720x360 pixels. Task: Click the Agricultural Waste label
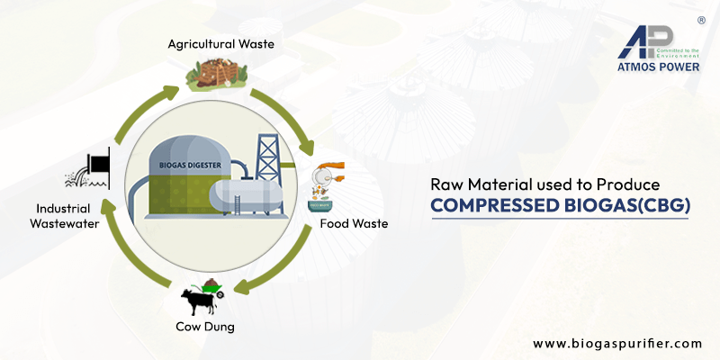[221, 42]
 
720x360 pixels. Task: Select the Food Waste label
[355, 223]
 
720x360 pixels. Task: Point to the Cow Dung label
[206, 327]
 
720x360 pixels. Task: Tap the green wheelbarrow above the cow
[213, 286]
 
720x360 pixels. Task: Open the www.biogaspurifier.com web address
[616, 343]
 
